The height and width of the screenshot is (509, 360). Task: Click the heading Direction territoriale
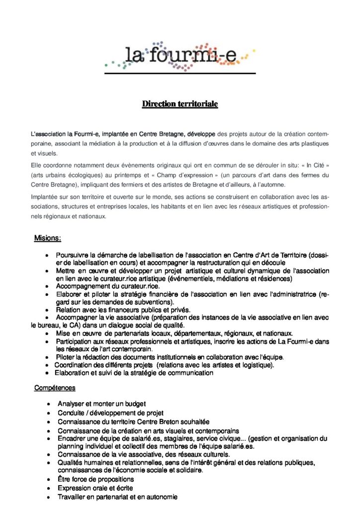(x=180, y=104)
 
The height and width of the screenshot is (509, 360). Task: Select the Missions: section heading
(x=47, y=238)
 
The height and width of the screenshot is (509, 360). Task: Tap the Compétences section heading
(x=55, y=387)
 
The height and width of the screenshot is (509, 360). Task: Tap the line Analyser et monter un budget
(x=101, y=403)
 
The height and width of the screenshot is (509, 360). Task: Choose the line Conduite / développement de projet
(x=110, y=413)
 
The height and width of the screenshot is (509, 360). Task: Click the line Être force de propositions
(x=95, y=479)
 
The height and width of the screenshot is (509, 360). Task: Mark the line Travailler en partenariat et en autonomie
(x=117, y=497)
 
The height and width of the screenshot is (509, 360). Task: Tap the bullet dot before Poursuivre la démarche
(x=47, y=255)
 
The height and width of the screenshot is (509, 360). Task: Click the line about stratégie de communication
(x=134, y=373)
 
